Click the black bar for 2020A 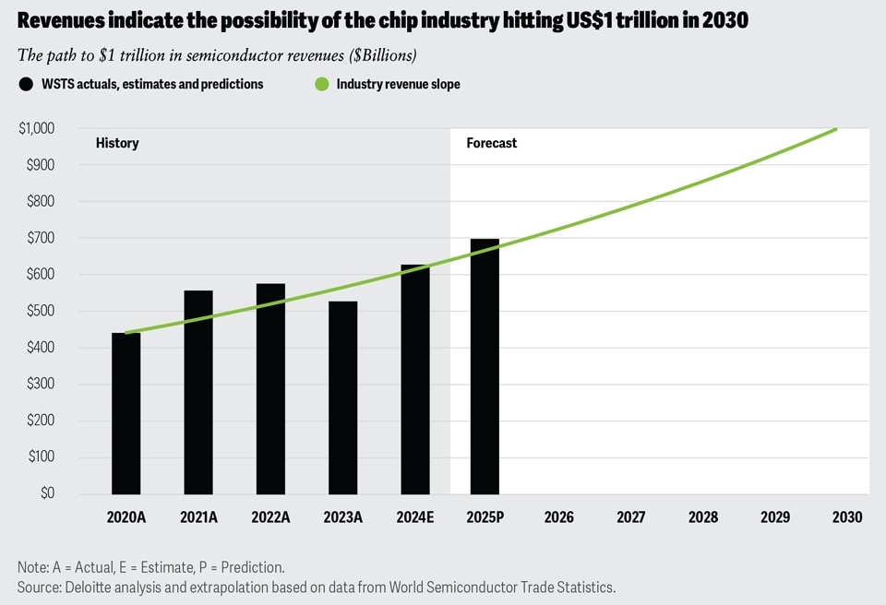[126, 413]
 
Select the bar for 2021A [198, 392]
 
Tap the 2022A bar [270, 388]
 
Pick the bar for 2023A [342, 397]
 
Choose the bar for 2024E [414, 379]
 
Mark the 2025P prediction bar [485, 366]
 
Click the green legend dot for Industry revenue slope [321, 84]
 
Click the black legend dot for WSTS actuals [26, 84]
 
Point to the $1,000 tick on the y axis [37, 128]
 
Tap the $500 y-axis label [40, 311]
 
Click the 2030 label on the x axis [846, 517]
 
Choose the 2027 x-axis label [630, 517]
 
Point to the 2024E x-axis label [414, 517]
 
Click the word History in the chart [117, 143]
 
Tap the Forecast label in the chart [491, 143]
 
